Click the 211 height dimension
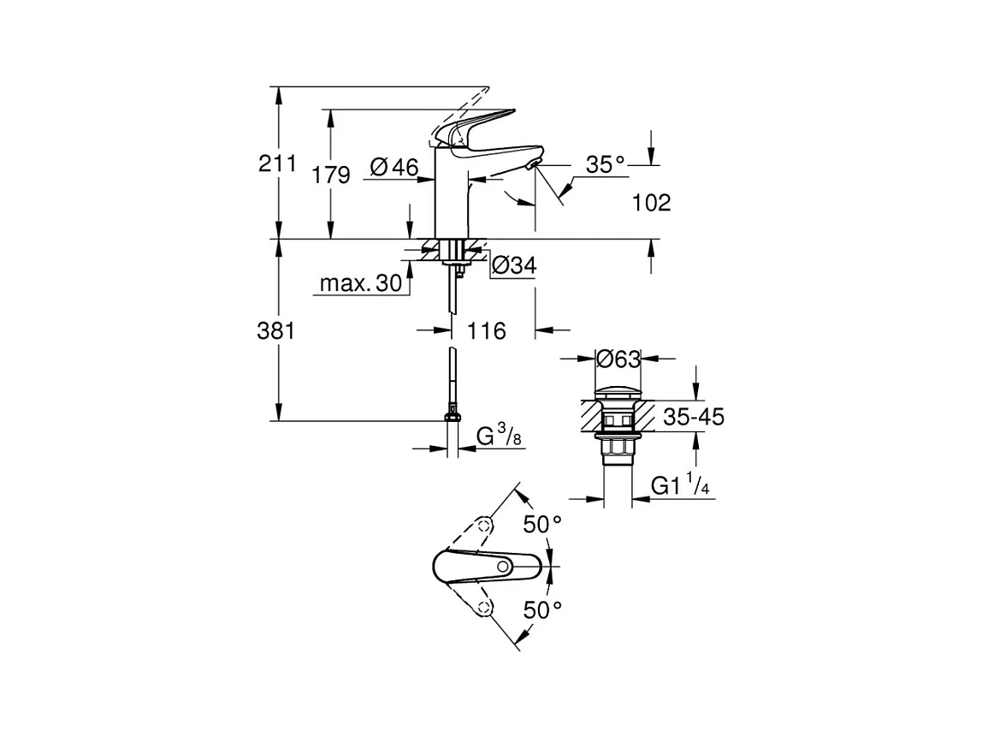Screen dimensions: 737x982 tap(277, 163)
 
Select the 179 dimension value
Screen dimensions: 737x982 tap(331, 175)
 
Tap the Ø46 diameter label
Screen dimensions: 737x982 tap(395, 168)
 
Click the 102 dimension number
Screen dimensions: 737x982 tap(651, 203)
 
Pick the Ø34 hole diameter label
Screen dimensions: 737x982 tap(513, 266)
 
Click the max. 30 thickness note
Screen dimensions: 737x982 tap(360, 283)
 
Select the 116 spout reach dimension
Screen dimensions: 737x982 tap(488, 330)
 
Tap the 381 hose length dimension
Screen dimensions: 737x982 tap(276, 331)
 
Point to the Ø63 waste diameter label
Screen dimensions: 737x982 tap(618, 359)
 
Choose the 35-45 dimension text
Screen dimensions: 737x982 tap(694, 417)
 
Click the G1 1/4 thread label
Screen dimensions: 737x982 tap(681, 485)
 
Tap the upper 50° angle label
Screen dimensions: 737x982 tap(542, 524)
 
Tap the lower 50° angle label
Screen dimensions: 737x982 tap(542, 609)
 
